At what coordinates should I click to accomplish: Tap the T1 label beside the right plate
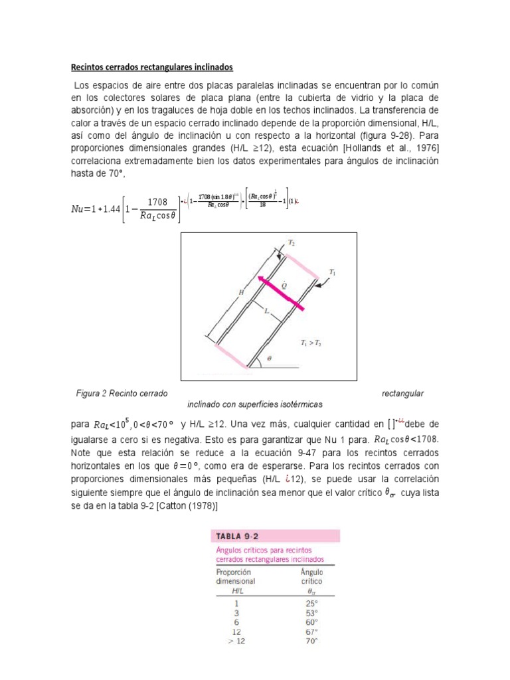click(x=333, y=272)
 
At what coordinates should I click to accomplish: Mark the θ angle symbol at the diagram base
click(x=269, y=357)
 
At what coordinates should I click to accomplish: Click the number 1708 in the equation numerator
click(x=157, y=202)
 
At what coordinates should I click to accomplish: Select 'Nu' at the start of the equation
click(x=78, y=209)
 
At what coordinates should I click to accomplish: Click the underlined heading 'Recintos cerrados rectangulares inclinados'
click(x=152, y=68)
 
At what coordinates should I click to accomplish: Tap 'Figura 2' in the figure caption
click(x=95, y=394)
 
